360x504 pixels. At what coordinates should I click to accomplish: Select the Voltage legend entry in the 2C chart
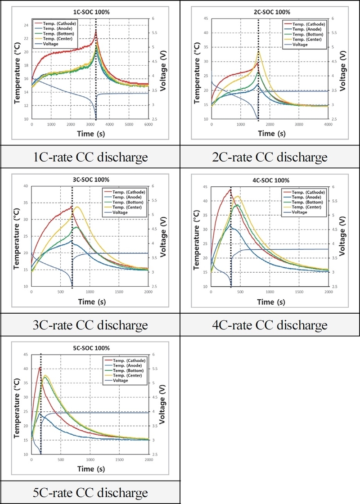[x=300, y=45]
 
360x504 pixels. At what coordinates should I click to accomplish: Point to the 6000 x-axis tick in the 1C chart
[x=148, y=124]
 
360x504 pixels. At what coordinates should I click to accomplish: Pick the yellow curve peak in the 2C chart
[x=259, y=51]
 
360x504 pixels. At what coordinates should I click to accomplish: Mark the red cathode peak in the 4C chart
[x=230, y=189]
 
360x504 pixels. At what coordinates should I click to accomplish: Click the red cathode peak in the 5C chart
[x=40, y=367]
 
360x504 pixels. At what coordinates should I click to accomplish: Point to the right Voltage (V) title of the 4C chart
[x=343, y=236]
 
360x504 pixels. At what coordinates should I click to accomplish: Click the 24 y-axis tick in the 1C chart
[x=26, y=25]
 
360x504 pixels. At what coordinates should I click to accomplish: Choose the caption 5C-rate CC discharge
[x=90, y=492]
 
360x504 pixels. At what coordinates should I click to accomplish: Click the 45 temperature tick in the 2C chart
[x=206, y=18]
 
